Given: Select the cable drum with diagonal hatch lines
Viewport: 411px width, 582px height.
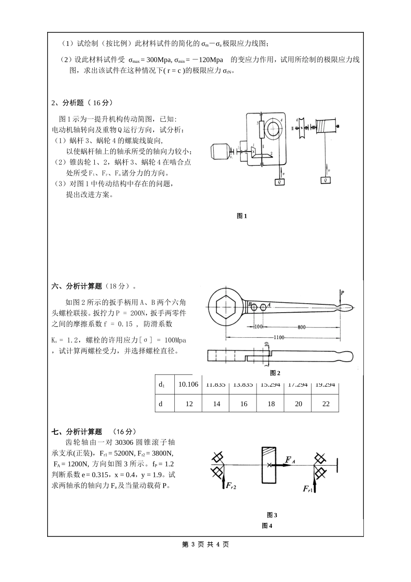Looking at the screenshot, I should pyautogui.click(x=326, y=126).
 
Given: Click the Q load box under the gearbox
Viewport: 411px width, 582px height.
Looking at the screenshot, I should pyautogui.click(x=280, y=182).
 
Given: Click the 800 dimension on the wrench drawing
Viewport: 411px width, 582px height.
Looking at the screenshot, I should pyautogui.click(x=302, y=327).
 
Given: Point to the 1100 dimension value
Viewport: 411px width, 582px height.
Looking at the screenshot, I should pyautogui.click(x=279, y=337).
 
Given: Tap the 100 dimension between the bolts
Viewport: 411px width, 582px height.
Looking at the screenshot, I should pyautogui.click(x=258, y=327).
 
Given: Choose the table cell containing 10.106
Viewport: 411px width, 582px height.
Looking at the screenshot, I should pyautogui.click(x=188, y=384).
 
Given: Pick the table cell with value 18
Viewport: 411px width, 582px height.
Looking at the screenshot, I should pyautogui.click(x=271, y=404).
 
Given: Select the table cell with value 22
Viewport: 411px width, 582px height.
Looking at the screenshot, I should pyautogui.click(x=326, y=404).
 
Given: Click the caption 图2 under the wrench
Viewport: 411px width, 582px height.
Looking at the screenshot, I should pyautogui.click(x=275, y=373).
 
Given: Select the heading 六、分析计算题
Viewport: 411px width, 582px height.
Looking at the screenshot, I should pyautogui.click(x=77, y=286).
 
